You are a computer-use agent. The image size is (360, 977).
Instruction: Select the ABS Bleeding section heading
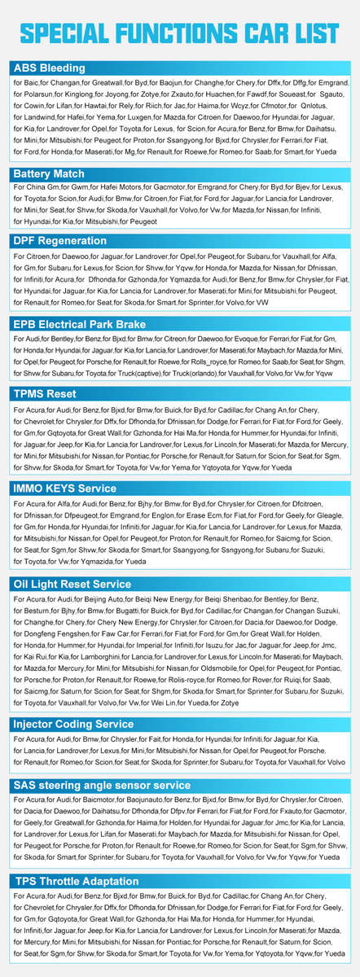point(49,68)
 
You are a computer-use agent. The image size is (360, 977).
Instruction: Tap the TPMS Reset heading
point(45,393)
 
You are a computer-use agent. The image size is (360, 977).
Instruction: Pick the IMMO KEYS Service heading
point(64,488)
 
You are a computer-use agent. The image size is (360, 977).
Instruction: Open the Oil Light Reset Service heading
point(72,584)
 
